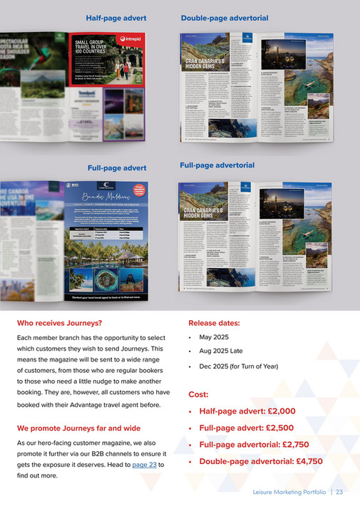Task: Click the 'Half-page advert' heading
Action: [x=116, y=17]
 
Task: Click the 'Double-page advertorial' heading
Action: [x=225, y=17]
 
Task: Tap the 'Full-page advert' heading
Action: [x=117, y=168]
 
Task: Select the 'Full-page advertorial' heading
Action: [x=217, y=165]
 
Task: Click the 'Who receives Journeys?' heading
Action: [x=58, y=323]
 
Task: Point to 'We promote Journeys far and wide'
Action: [x=78, y=428]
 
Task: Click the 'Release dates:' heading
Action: [x=214, y=323]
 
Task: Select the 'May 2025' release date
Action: [x=216, y=336]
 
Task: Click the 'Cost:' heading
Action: [x=198, y=394]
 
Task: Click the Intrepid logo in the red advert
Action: [x=133, y=38]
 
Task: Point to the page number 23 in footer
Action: [x=339, y=492]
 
